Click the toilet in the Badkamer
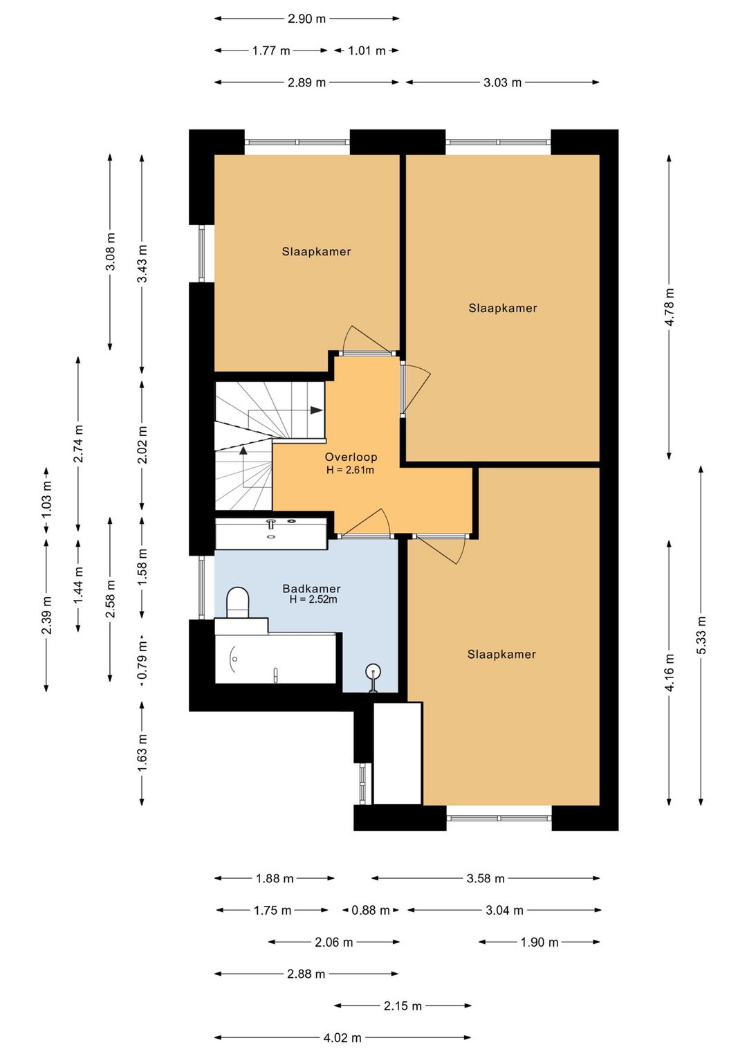tap(238, 602)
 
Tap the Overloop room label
tap(351, 457)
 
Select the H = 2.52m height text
tap(313, 600)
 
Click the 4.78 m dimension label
tap(670, 307)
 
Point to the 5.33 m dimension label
tap(701, 635)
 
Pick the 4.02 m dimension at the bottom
tap(342, 1037)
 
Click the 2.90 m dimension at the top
tap(307, 19)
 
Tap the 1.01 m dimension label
tap(367, 51)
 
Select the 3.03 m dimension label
tap(502, 82)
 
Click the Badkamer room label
tap(311, 588)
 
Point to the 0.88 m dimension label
tap(371, 910)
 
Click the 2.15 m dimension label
tap(403, 1006)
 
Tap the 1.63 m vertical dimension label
tap(142, 753)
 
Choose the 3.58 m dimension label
tap(486, 878)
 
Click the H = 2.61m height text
tap(350, 470)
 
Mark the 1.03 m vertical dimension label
tap(46, 500)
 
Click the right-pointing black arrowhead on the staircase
tap(316, 410)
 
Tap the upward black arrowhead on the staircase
tap(243, 450)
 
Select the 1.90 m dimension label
tap(539, 943)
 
